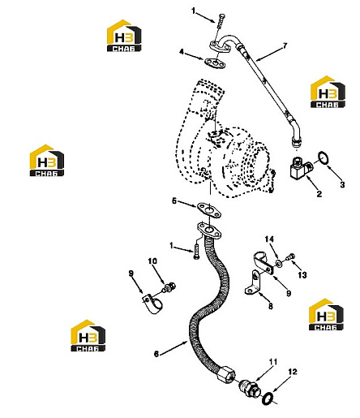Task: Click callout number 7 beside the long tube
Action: [285, 45]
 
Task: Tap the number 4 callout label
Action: [182, 52]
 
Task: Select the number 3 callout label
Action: [342, 185]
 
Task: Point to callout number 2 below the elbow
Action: [319, 194]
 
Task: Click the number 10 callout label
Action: [152, 261]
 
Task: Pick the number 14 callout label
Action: [269, 239]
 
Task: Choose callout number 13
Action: [302, 275]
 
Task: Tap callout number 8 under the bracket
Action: [270, 306]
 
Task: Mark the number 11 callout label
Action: [273, 362]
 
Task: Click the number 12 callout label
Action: [293, 372]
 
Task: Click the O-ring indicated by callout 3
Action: [324, 158]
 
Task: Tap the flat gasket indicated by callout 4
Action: [215, 63]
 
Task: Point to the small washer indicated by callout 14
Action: [279, 262]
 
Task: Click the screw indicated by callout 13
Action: [290, 256]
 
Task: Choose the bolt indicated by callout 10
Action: [169, 287]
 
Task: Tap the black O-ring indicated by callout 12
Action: [268, 399]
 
